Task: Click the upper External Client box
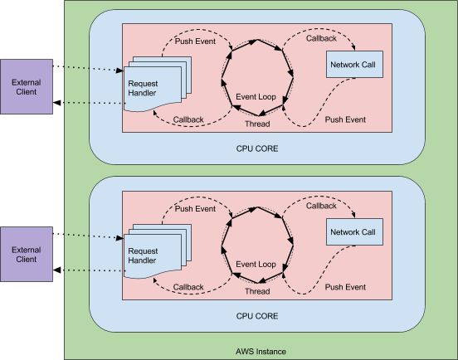point(27,87)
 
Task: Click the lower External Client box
point(27,255)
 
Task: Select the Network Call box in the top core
point(354,64)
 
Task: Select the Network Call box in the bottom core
point(354,231)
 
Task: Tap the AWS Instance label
point(261,352)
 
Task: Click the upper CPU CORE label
point(257,148)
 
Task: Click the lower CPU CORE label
point(257,316)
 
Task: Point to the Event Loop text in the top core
point(256,97)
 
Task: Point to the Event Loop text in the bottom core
point(256,265)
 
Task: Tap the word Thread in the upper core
point(257,124)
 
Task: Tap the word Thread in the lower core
point(257,291)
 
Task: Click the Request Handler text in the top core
point(143,88)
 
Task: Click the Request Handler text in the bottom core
point(143,255)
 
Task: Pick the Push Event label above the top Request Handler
point(195,41)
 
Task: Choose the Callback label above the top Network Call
point(321,38)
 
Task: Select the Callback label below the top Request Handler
point(188,119)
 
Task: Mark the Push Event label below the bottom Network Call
point(345,287)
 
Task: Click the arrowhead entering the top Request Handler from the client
point(119,71)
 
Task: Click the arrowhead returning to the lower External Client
point(56,270)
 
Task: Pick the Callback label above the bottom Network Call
point(321,207)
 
